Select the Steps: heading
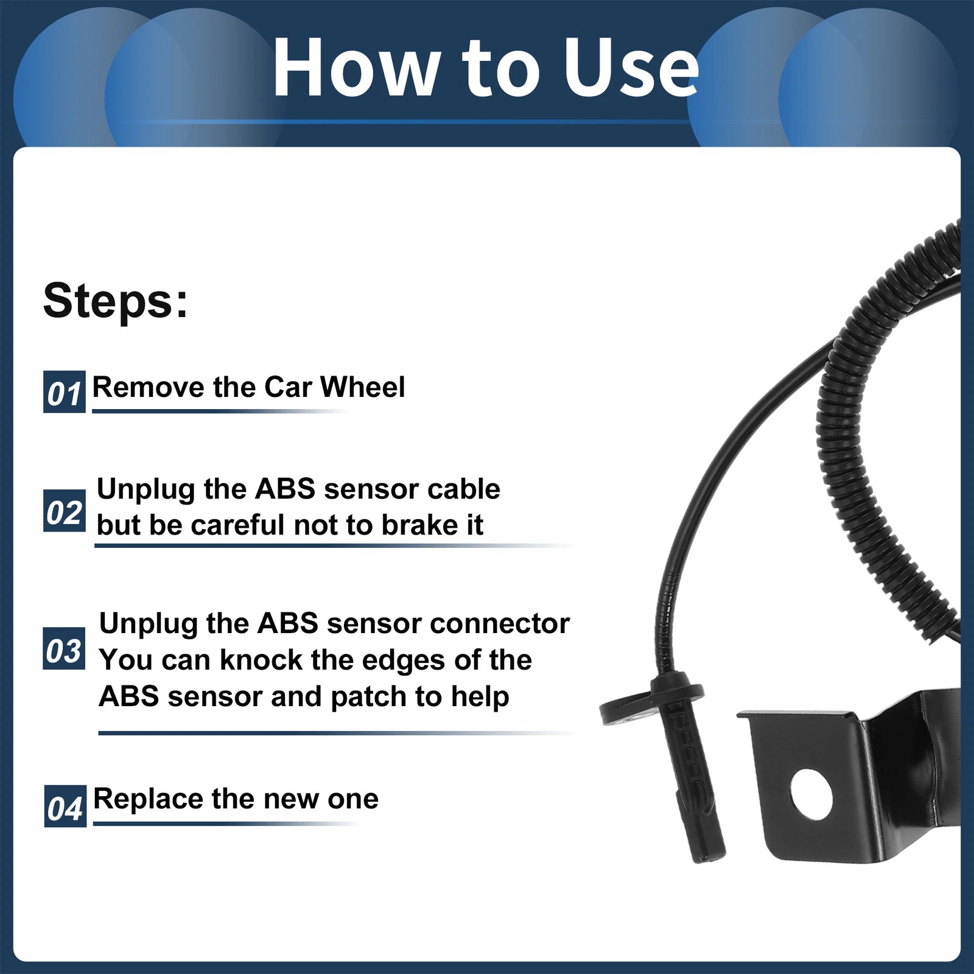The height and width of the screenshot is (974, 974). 116,300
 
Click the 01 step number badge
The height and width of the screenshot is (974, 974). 65,391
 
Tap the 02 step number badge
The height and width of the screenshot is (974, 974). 65,511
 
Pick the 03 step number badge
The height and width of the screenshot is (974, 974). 64,649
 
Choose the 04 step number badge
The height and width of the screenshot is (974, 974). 65,806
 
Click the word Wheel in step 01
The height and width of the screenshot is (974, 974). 362,387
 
